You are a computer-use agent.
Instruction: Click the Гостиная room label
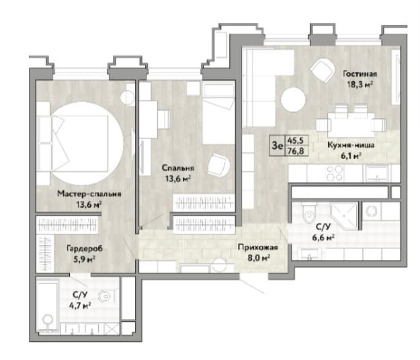click(360, 74)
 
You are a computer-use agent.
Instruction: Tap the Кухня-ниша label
click(351, 145)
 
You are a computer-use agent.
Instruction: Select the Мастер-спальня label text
click(89, 194)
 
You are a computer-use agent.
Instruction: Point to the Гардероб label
click(85, 249)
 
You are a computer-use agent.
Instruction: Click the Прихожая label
click(258, 247)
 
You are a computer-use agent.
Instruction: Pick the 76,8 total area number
click(296, 151)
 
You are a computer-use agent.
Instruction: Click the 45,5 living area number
click(296, 140)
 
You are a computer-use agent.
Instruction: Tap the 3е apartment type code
click(277, 146)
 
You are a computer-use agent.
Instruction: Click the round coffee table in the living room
click(293, 99)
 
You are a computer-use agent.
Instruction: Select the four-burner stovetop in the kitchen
click(335, 173)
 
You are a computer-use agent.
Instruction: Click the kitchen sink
click(378, 173)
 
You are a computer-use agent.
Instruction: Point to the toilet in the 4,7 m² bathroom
click(106, 296)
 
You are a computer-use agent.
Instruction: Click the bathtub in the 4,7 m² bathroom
click(48, 306)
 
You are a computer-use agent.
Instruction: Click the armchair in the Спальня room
click(218, 165)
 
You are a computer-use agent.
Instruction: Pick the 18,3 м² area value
click(360, 85)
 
